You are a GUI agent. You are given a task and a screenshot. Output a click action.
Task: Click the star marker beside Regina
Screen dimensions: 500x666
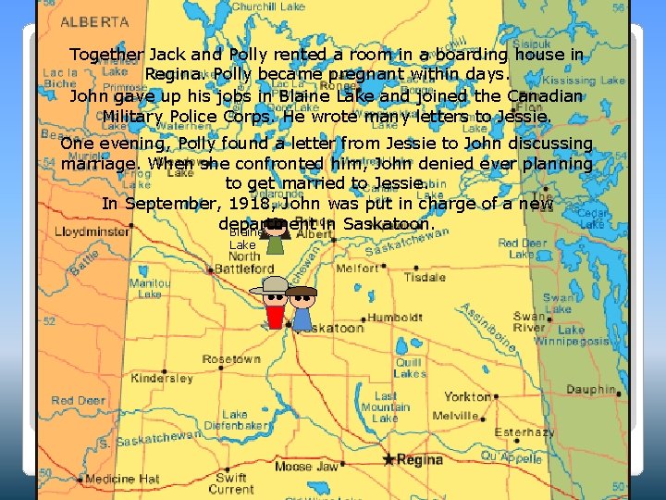click(x=388, y=459)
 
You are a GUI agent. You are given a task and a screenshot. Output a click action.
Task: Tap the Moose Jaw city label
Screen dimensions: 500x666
click(x=306, y=467)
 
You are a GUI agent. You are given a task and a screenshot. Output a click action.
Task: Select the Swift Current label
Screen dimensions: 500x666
click(x=231, y=483)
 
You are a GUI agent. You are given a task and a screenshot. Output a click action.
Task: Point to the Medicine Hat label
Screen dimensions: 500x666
click(x=122, y=479)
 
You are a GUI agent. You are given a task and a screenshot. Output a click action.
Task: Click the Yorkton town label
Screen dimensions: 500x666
click(x=467, y=396)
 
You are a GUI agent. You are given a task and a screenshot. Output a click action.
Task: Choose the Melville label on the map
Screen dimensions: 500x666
click(x=455, y=416)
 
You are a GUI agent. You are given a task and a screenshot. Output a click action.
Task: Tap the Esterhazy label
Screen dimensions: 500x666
click(x=524, y=432)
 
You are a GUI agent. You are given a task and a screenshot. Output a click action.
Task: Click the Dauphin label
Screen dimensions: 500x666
click(x=591, y=390)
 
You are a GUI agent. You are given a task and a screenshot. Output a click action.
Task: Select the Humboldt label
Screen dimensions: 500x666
click(x=395, y=318)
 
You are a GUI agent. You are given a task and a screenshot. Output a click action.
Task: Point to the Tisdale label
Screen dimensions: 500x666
click(x=425, y=277)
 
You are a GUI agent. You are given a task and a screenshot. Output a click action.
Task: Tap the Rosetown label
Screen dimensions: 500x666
click(x=231, y=359)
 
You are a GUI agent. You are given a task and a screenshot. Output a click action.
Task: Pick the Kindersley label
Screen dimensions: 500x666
click(x=161, y=379)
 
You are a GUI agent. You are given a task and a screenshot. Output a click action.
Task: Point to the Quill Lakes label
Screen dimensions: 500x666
click(x=408, y=368)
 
